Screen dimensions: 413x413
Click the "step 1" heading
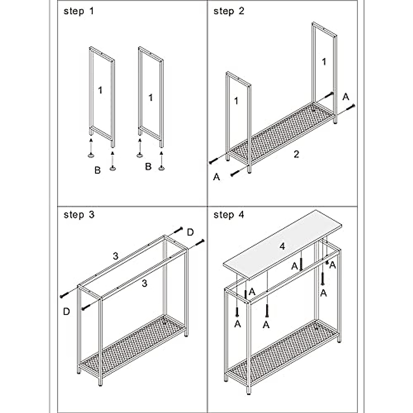coord(78,11)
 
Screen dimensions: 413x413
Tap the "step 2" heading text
coord(229,11)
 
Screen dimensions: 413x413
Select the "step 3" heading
coord(79,215)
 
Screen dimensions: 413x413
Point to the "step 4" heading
coord(229,215)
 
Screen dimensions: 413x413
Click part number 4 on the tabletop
coord(282,246)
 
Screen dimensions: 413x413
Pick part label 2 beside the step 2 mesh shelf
coord(296,154)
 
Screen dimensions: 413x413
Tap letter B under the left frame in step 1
coord(97,170)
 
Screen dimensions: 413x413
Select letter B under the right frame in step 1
coord(148,167)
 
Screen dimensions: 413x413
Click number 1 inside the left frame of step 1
coord(100,90)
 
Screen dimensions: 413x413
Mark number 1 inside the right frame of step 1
coord(150,98)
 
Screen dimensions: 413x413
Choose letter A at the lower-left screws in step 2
coord(216,177)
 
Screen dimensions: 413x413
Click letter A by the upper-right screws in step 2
coord(346,97)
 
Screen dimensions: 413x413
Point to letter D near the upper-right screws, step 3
coord(190,232)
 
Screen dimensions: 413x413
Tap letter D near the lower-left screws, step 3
coord(66,311)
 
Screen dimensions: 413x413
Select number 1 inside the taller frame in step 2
coord(324,62)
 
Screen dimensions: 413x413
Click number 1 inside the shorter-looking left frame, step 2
coord(236,101)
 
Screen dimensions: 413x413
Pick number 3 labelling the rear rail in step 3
coord(116,256)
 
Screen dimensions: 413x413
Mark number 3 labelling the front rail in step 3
coord(145,283)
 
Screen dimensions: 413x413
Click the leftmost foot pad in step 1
coord(91,156)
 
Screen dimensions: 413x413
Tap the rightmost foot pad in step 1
coord(161,168)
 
